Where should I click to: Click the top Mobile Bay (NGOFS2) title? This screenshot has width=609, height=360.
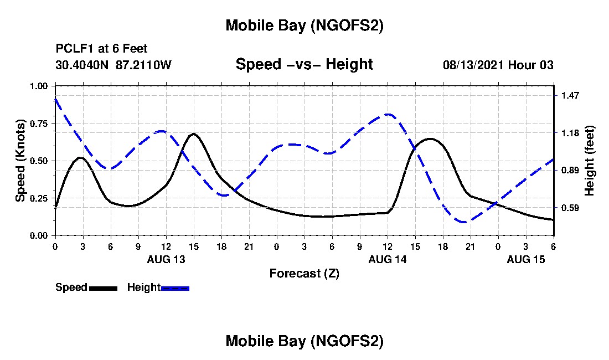pos(304,25)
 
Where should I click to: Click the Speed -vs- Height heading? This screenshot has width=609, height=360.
pos(304,64)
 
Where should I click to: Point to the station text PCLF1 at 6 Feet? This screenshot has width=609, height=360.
pos(101,49)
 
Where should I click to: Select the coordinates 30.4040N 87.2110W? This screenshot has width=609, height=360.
pos(113,65)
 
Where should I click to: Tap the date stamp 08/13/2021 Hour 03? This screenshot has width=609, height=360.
pos(498,65)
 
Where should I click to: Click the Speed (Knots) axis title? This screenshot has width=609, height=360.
pos(20,161)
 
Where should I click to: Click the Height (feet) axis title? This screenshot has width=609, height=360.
pos(589,161)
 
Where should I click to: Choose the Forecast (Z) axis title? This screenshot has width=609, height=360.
pos(304,273)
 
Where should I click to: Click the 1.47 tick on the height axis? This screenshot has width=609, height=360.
pos(570,95)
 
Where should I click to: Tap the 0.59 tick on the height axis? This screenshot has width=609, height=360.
pos(570,208)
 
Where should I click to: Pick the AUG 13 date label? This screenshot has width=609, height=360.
pos(166,259)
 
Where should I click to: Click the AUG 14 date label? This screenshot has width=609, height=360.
pos(388,259)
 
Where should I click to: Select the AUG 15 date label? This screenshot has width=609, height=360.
pos(526,259)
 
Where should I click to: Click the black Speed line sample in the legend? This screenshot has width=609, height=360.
pos(103,288)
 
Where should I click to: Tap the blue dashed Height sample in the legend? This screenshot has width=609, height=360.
pos(175,288)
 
